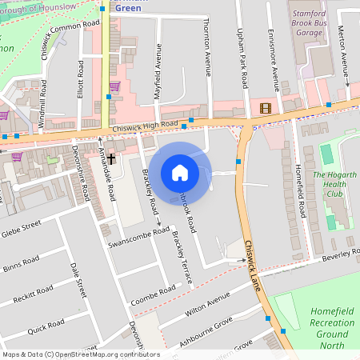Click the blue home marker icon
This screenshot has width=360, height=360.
[180, 172]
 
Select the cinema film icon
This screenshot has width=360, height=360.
[265, 108]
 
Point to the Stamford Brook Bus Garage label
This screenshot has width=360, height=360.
[310, 23]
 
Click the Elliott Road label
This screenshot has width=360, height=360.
[81, 78]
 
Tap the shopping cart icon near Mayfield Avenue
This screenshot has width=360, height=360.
[115, 86]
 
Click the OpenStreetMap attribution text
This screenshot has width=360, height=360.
[81, 354]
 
